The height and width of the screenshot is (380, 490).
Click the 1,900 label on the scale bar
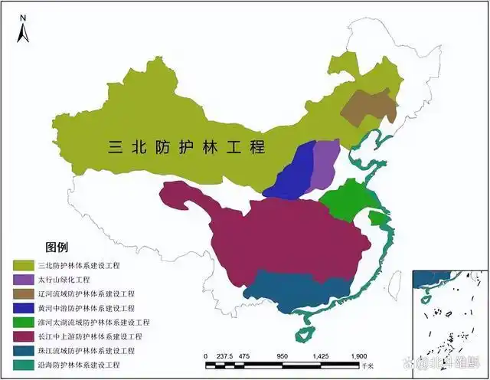[x=358, y=356]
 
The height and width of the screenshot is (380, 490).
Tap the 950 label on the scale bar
[x=282, y=356]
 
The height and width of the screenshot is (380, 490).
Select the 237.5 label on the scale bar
[x=224, y=356]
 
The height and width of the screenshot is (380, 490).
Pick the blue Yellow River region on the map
[x=295, y=172]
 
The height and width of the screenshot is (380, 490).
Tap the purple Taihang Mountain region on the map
[x=325, y=162]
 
